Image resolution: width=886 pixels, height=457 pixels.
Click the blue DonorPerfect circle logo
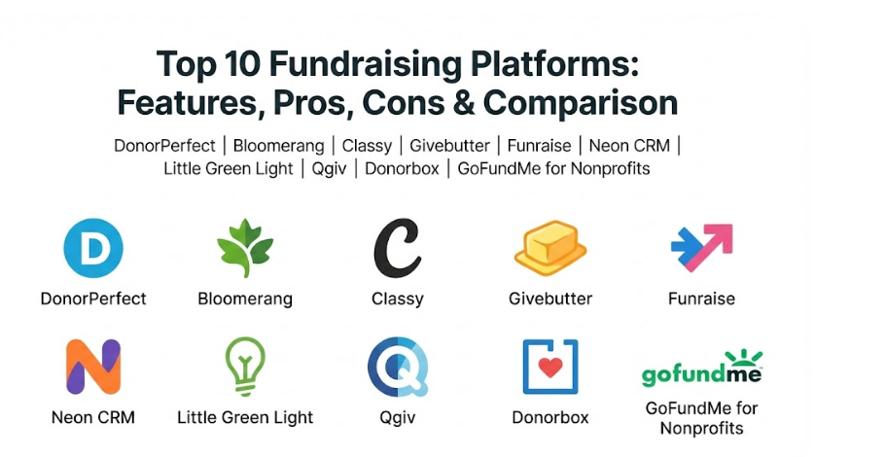[x=93, y=248]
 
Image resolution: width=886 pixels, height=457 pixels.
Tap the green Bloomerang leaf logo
[x=245, y=248]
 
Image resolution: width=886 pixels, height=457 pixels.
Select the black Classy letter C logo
[x=397, y=248]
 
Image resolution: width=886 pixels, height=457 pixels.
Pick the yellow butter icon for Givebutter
[x=550, y=248]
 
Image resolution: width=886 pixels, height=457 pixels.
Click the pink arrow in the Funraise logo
[x=713, y=244]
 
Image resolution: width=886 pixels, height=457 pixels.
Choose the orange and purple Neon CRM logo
[x=93, y=367]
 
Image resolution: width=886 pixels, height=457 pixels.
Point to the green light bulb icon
[x=245, y=367]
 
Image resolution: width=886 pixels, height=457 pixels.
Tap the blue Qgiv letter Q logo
[x=398, y=367]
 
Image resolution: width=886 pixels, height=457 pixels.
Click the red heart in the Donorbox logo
[x=550, y=368]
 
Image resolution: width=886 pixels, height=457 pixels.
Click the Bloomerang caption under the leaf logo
[x=245, y=299]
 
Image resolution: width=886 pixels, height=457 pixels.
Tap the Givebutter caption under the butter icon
[x=550, y=299]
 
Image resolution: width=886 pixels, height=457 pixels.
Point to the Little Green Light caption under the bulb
[x=245, y=417]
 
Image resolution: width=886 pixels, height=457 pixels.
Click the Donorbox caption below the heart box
[x=550, y=417]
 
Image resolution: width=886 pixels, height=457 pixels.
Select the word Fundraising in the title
[x=365, y=64]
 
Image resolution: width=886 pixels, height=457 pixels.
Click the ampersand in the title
[x=463, y=102]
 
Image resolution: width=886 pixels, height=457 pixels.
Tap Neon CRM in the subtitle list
[x=629, y=146]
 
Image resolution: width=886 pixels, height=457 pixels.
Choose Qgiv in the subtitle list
[x=329, y=169]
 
